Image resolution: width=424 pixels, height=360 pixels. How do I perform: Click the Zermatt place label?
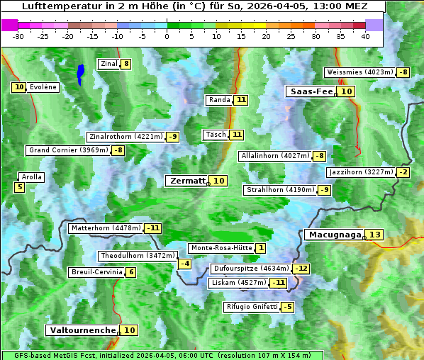pyautogui.click(x=186, y=181)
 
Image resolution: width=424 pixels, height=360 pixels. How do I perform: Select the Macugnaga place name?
pyautogui.click(x=333, y=235)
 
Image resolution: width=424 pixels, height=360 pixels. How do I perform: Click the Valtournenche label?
pyautogui.click(x=82, y=330)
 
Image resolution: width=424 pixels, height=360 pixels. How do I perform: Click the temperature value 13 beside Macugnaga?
pyautogui.click(x=374, y=235)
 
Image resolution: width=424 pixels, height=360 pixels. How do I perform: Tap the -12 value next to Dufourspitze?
pyautogui.click(x=302, y=269)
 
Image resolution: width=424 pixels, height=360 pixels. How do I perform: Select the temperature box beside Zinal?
pyautogui.click(x=126, y=64)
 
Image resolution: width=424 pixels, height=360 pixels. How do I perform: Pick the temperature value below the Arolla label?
pyautogui.click(x=19, y=187)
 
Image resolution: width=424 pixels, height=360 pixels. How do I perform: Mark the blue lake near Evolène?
pyautogui.click(x=81, y=73)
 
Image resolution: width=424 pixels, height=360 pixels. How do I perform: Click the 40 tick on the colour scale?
pyautogui.click(x=365, y=36)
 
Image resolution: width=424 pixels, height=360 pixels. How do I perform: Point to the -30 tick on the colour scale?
pyautogui.click(x=18, y=36)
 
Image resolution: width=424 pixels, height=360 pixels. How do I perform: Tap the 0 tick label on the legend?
pyautogui.click(x=167, y=36)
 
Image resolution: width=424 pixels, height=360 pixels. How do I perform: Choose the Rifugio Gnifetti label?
pyautogui.click(x=251, y=307)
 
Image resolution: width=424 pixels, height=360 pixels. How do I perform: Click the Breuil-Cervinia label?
pyautogui.click(x=96, y=272)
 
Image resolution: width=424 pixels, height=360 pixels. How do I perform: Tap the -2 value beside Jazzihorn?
pyautogui.click(x=403, y=172)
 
